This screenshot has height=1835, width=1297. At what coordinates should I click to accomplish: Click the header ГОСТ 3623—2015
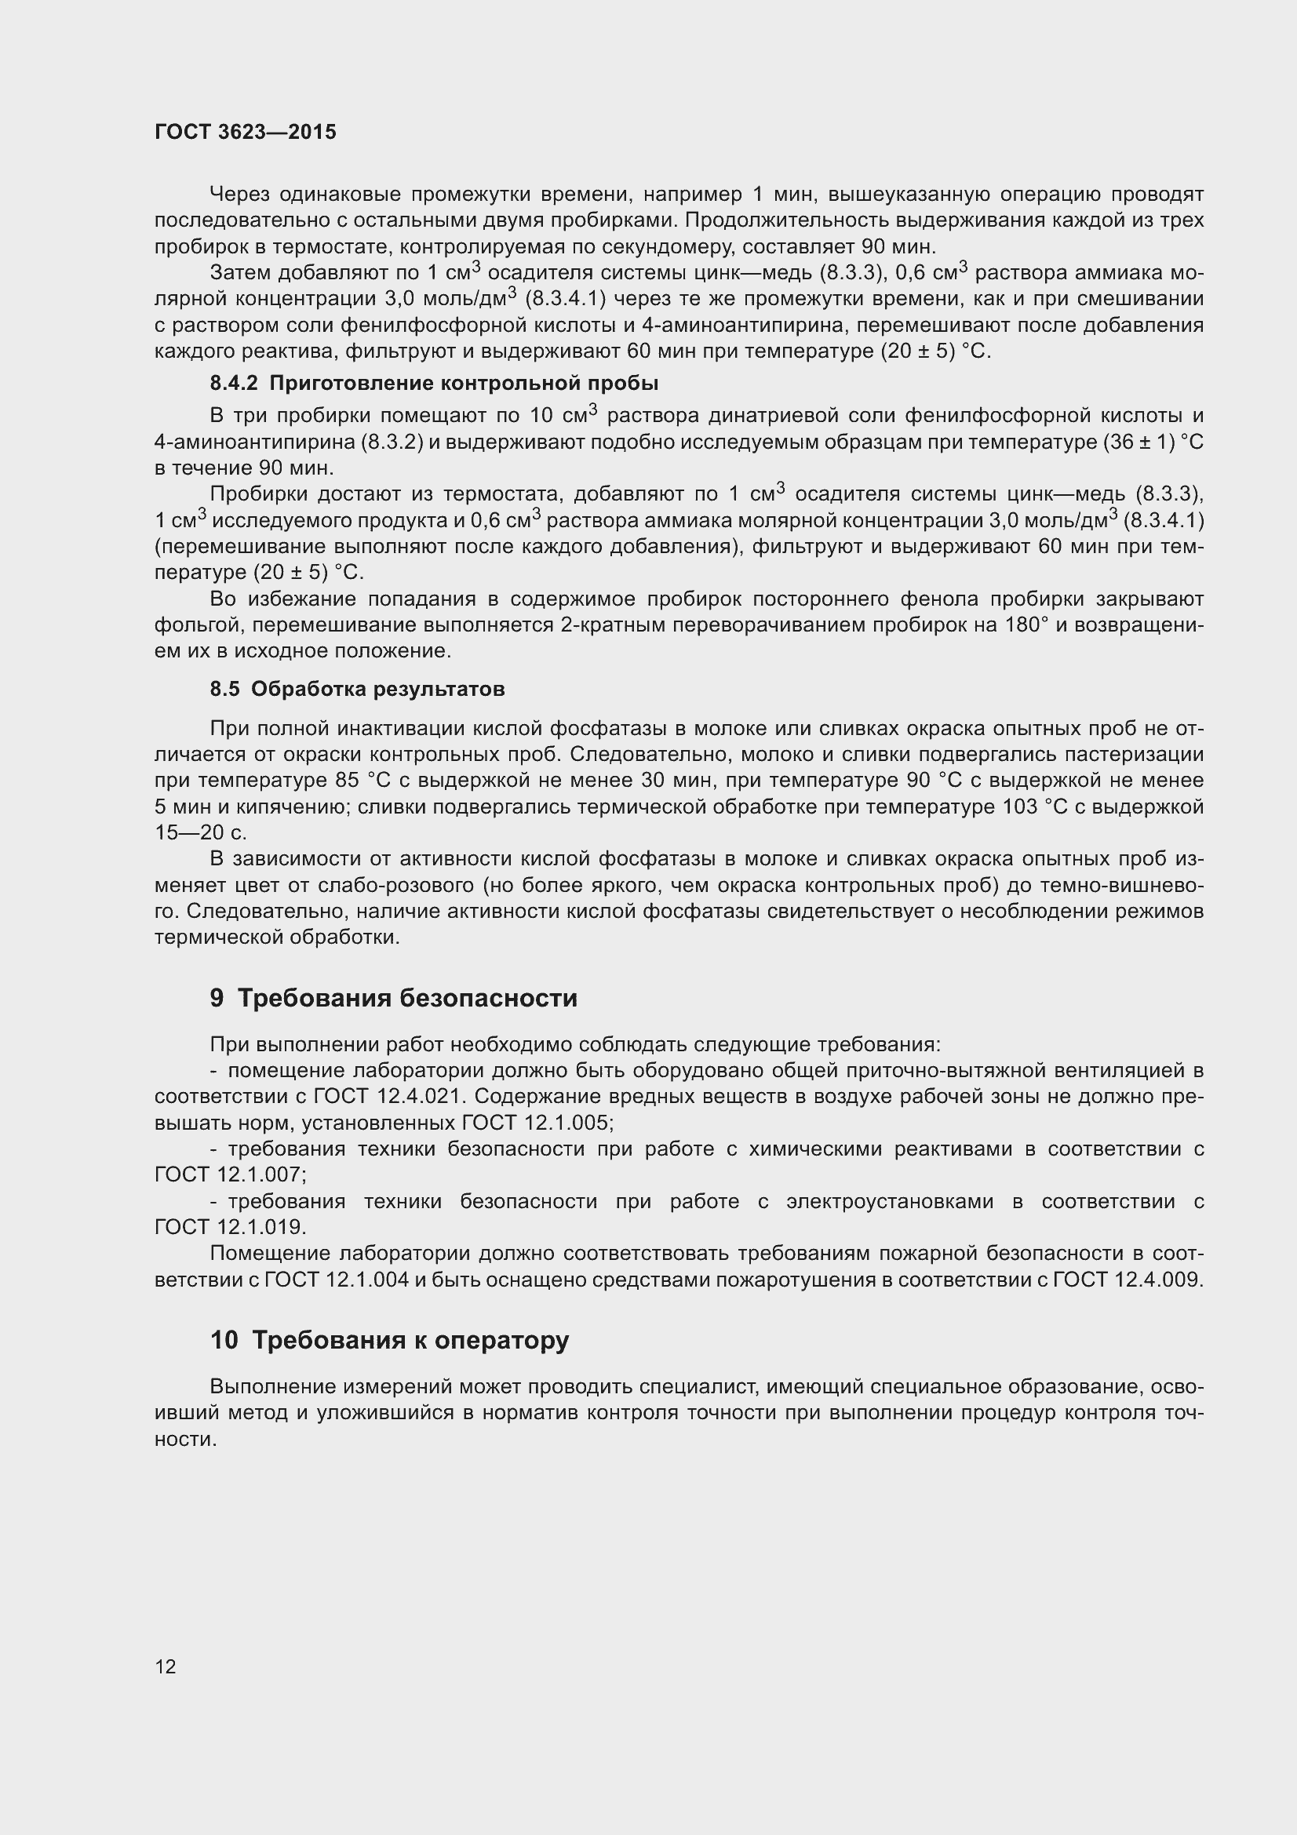click(246, 132)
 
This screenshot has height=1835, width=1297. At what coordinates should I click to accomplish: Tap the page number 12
click(166, 1666)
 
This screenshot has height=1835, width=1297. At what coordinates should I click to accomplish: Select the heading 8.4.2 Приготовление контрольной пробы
click(434, 384)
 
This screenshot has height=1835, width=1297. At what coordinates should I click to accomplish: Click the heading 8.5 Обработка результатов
click(357, 689)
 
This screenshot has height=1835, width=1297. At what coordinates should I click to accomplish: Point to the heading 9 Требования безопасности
click(393, 998)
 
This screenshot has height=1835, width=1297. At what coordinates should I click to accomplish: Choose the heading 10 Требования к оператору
click(389, 1339)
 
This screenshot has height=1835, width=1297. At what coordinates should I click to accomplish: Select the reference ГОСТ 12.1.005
click(536, 1123)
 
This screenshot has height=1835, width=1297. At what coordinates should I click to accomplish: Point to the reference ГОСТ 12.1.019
click(230, 1227)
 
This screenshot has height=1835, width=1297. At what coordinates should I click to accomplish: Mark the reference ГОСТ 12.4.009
click(1127, 1280)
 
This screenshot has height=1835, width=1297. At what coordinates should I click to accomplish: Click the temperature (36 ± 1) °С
click(1153, 442)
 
